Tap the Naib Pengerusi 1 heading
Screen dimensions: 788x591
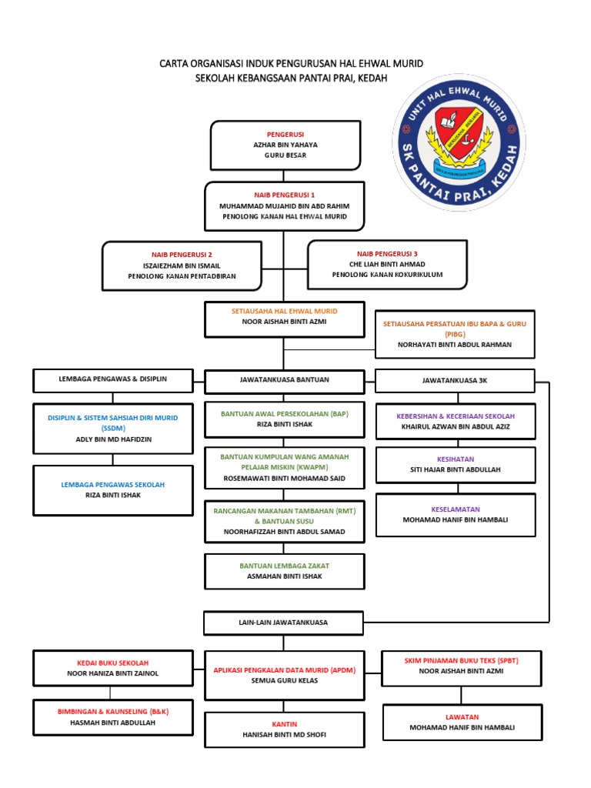284,195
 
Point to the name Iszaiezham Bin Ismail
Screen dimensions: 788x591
182,265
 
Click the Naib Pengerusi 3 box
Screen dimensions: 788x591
387,264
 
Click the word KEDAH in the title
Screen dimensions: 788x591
370,78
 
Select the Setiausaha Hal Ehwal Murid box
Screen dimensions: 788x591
284,319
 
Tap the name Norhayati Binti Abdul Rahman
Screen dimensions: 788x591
454,345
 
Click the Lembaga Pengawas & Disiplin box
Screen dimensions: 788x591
112,379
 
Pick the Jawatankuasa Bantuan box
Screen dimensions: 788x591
284,380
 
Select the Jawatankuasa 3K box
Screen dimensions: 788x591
455,380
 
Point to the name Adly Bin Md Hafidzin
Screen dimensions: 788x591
112,439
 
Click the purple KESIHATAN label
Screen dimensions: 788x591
455,458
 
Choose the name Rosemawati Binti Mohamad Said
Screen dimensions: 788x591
284,478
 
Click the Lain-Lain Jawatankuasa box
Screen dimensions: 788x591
284,622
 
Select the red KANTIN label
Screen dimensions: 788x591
284,724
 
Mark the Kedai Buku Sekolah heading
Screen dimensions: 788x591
112,663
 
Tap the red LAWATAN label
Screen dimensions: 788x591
462,716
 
